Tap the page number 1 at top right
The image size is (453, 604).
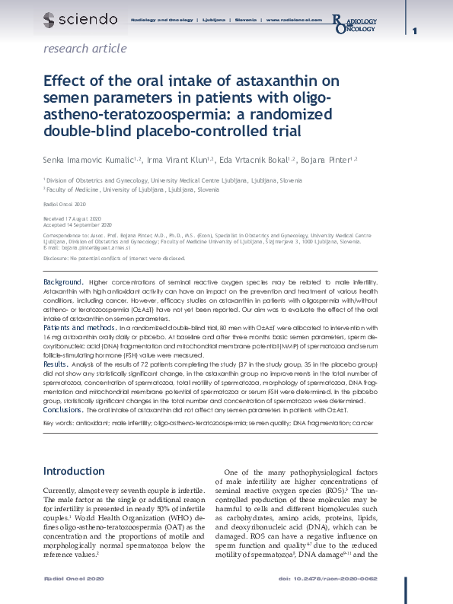[x=415, y=31]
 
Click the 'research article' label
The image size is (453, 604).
[x=85, y=49]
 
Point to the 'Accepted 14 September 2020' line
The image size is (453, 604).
[x=78, y=226]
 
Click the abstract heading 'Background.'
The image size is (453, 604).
[x=64, y=282]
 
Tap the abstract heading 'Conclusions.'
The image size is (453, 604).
[x=64, y=409]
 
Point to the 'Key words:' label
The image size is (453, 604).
[x=59, y=422]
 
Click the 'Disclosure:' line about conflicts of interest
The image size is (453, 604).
[x=113, y=259]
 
